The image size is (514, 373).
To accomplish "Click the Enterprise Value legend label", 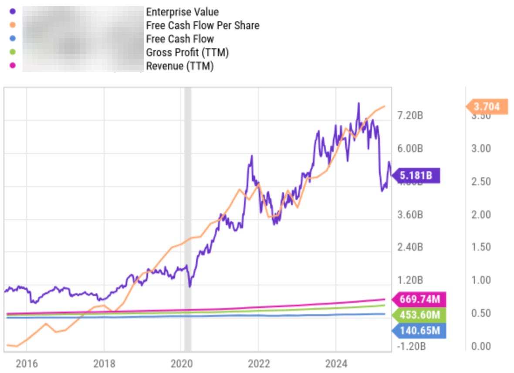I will (182, 12).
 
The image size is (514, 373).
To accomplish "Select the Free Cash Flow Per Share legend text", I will (203, 26).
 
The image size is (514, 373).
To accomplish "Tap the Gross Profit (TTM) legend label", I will (187, 53).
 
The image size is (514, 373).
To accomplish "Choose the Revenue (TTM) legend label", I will (179, 66).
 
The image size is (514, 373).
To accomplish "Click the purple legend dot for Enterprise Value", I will (12, 12).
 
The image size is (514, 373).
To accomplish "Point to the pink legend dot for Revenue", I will (12, 66).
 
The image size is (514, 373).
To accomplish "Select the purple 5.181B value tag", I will (417, 176).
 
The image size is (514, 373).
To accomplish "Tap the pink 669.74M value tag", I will (419, 300).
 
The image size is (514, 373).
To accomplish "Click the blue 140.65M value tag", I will (419, 331).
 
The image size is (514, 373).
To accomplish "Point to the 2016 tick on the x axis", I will (26, 363).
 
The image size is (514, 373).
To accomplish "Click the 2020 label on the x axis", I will (181, 363).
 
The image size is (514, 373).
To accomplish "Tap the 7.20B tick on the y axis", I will (410, 115).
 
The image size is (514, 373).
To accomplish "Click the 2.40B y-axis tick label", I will (410, 247).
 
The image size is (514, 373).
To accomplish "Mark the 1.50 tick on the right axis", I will (480, 247).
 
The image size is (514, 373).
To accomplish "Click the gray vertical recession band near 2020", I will (188, 218).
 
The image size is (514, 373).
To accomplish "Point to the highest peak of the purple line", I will (358, 103).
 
